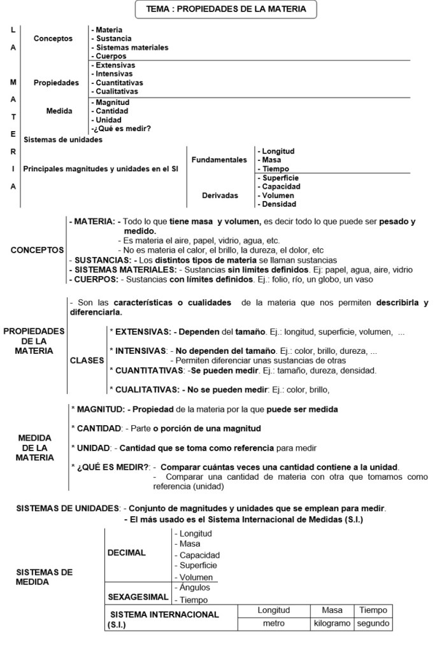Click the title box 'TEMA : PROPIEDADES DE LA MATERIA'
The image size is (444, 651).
coord(226,10)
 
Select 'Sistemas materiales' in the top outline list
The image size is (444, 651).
coord(131,48)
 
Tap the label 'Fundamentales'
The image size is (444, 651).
coord(219,160)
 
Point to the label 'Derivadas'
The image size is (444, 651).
coord(220,195)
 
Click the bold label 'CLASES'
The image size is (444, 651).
coord(87,360)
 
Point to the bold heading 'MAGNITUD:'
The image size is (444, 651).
coord(101,409)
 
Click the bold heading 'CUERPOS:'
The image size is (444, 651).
coord(96,279)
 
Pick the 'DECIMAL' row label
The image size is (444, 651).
coord(127,553)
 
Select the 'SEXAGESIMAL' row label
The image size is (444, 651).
coord(138,597)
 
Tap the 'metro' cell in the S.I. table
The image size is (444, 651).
coord(274,624)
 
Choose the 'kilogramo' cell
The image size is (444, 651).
coord(332,624)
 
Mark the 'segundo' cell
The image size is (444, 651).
coord(373,624)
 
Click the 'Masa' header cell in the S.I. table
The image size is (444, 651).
coord(332,610)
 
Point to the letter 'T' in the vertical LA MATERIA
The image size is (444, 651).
coord(13,117)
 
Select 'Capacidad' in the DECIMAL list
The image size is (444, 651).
coord(199,555)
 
